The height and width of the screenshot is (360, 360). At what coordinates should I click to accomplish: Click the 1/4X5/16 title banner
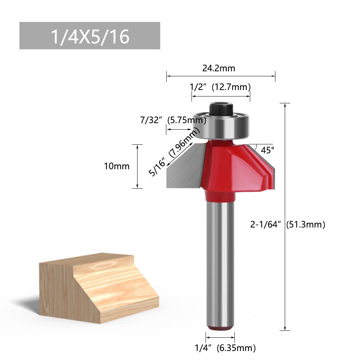[x=90, y=36]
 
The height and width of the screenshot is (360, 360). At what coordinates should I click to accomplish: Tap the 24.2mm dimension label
[x=219, y=68]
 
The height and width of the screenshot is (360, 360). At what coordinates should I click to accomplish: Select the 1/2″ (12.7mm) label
[x=220, y=87]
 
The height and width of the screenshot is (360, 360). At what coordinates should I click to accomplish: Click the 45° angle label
[x=267, y=150]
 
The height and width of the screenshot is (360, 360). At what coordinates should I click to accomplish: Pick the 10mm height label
[x=116, y=166]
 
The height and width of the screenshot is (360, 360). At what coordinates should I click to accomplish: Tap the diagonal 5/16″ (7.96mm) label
[x=174, y=153]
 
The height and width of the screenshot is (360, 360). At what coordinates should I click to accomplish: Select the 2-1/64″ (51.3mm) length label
[x=288, y=225]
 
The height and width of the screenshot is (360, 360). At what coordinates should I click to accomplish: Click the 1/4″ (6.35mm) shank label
[x=225, y=348]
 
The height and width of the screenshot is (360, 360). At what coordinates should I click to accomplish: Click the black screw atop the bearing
[x=220, y=108]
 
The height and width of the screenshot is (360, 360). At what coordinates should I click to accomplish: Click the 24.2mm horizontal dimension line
[x=220, y=76]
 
